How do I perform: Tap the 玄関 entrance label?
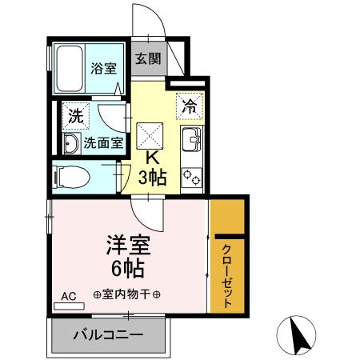[147, 58]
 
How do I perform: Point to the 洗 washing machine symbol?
[75, 115]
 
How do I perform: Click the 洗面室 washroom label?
[105, 143]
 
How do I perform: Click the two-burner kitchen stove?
[192, 177]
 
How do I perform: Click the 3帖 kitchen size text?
[151, 178]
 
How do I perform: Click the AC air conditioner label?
[69, 297]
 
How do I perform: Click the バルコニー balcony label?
[110, 334]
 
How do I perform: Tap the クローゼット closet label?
[226, 275]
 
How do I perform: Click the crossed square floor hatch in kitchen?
[150, 132]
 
